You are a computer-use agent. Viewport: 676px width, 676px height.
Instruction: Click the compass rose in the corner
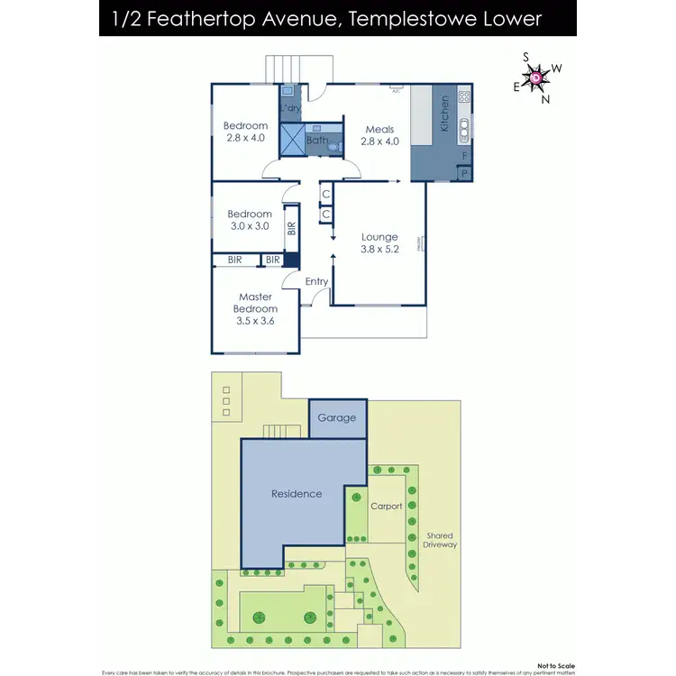click(x=536, y=78)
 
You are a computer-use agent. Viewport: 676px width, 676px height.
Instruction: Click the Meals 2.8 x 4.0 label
click(x=379, y=135)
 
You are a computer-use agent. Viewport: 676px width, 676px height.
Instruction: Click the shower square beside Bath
click(x=292, y=141)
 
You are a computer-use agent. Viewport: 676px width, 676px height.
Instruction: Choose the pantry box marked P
click(x=464, y=173)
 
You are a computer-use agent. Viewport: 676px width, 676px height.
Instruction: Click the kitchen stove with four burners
click(x=464, y=96)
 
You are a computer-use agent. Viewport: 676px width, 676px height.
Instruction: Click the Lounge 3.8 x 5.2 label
click(x=379, y=243)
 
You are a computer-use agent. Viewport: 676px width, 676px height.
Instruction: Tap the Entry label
click(x=316, y=282)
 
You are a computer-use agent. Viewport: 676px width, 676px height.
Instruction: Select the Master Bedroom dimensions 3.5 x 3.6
click(x=256, y=320)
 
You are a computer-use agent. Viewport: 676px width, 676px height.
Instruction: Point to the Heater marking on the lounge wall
click(x=420, y=242)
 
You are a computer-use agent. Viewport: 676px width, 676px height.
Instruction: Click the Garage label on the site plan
click(x=336, y=417)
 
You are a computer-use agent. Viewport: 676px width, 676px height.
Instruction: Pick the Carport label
click(x=387, y=507)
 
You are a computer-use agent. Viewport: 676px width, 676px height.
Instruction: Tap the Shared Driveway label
click(x=440, y=540)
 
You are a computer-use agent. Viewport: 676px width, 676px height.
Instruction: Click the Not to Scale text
click(x=555, y=665)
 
